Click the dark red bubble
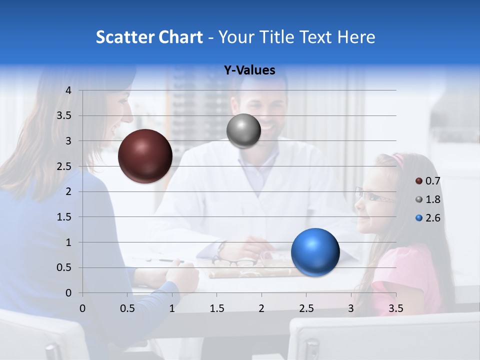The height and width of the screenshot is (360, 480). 145,156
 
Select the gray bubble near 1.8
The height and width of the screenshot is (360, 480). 243,131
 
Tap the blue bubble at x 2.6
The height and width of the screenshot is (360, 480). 315,252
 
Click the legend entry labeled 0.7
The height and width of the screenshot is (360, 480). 428,181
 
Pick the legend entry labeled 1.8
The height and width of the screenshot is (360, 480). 428,199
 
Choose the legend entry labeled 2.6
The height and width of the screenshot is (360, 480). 428,218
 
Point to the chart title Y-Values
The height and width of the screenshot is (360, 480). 249,70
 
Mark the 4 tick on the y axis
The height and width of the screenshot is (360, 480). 68,90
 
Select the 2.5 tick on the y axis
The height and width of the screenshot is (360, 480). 65,166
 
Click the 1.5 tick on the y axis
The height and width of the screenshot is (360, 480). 65,217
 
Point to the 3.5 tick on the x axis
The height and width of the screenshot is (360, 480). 395,308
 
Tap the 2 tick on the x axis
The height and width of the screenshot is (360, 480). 261,308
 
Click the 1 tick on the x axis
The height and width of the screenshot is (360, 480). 172,308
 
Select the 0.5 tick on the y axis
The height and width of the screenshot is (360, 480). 65,267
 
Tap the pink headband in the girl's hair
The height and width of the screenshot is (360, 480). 398,159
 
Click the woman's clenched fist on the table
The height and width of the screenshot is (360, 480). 182,274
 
